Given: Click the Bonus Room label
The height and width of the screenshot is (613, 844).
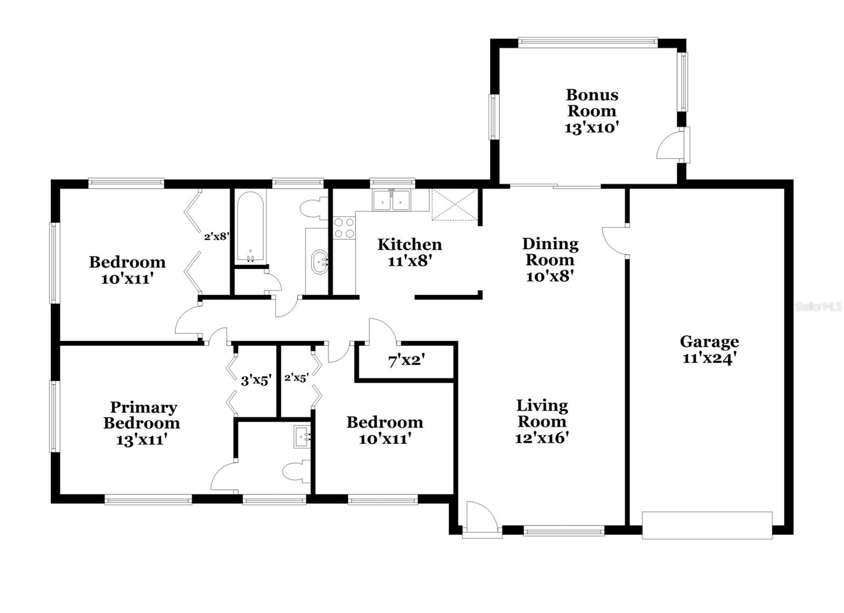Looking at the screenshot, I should pyautogui.click(x=591, y=103).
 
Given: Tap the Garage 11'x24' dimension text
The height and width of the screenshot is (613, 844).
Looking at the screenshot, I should pyautogui.click(x=709, y=358).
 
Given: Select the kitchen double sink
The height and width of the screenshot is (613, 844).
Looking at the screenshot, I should pyautogui.click(x=391, y=200).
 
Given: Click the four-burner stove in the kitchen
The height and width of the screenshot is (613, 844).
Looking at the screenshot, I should pyautogui.click(x=344, y=228).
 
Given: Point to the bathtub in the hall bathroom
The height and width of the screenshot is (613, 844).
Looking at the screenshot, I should pyautogui.click(x=250, y=227).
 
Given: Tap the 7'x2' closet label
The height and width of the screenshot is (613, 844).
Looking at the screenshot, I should pyautogui.click(x=407, y=361).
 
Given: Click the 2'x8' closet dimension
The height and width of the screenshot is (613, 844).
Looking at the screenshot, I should pyautogui.click(x=216, y=237).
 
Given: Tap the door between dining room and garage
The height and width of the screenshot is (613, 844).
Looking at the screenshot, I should pyautogui.click(x=615, y=240).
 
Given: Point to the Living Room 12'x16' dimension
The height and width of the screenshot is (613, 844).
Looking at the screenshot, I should pyautogui.click(x=542, y=438).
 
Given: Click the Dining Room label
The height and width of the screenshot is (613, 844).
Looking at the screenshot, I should pyautogui.click(x=550, y=251).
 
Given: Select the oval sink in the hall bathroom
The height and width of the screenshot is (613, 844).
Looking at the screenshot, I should pyautogui.click(x=320, y=261).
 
